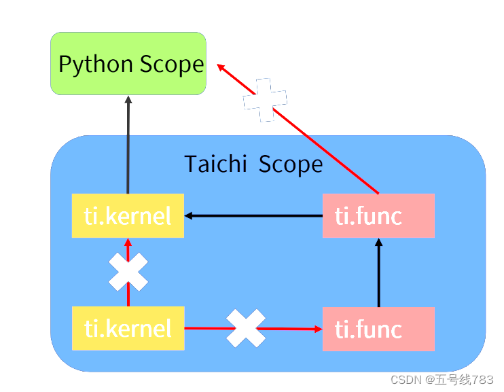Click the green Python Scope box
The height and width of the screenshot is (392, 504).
[128, 63]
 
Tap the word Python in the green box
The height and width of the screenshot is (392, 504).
[96, 65]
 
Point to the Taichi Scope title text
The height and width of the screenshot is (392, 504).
[253, 164]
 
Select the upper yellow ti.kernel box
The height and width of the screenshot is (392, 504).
[128, 216]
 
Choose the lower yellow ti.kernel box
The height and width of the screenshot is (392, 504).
[128, 329]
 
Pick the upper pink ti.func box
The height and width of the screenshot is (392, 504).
[378, 216]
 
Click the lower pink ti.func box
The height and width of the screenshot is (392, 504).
[378, 329]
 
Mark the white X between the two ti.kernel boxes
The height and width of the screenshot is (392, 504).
[128, 272]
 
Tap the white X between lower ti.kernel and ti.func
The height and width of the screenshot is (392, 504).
[246, 328]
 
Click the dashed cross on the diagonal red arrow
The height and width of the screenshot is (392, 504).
[265, 100]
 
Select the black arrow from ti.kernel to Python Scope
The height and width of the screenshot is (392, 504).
[128, 146]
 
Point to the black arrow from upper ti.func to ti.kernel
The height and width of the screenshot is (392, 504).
[255, 216]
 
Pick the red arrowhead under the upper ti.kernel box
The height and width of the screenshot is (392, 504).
[128, 242]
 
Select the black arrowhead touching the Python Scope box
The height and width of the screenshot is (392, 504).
[128, 100]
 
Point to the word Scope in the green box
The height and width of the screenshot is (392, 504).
[171, 65]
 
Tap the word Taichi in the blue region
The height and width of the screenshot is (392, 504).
[215, 164]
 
